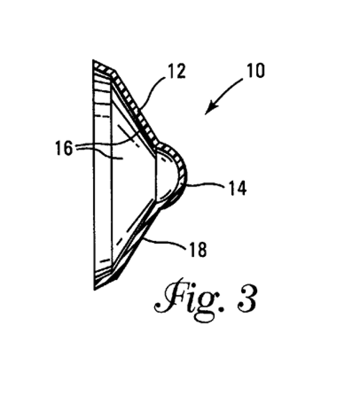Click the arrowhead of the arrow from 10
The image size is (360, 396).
[209, 111]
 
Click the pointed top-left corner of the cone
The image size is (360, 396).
[94, 62]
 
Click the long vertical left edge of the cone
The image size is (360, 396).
[94, 176]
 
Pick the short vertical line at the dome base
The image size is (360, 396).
[155, 178]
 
